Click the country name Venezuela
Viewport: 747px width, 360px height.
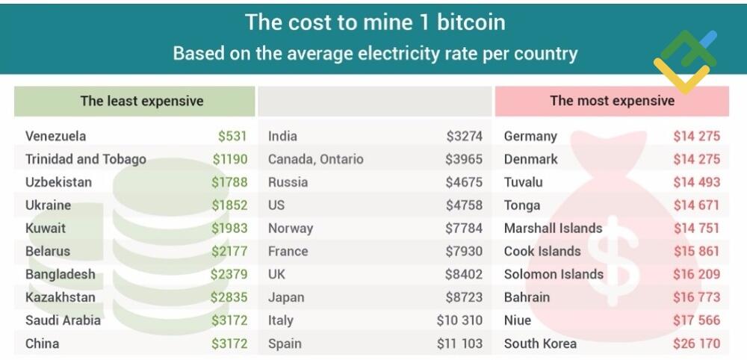[x=55, y=136]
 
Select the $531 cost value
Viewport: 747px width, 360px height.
[x=232, y=136]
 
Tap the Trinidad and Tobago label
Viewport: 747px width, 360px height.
[x=85, y=159]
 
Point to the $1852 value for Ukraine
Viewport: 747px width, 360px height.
[x=229, y=205]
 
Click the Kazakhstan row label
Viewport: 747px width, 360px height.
[x=60, y=297]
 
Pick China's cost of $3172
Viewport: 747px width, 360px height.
[x=229, y=344]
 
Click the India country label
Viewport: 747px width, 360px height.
[x=282, y=136]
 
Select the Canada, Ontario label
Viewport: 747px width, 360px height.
[x=315, y=159]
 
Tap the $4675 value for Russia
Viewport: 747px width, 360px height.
[x=464, y=182]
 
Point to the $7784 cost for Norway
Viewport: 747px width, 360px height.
[x=464, y=229]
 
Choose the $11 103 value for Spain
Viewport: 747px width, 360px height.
[x=459, y=344]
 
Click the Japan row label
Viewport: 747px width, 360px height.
[x=286, y=297]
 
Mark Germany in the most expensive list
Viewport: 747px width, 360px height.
[x=530, y=136]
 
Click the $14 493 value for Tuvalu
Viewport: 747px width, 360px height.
[x=696, y=182]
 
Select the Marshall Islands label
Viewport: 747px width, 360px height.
[x=553, y=229]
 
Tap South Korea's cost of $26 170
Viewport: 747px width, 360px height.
[x=696, y=344]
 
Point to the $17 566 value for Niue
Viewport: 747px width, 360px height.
[x=696, y=320]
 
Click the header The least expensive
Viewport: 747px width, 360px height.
[x=142, y=101]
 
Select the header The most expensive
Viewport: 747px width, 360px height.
[x=612, y=101]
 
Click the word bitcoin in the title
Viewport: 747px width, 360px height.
[x=471, y=22]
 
